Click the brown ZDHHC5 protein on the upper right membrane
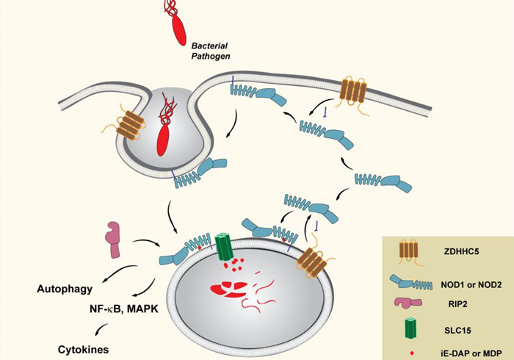pos(353,92)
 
